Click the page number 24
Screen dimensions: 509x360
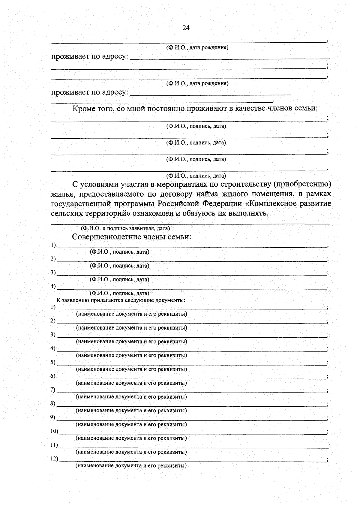[186, 28]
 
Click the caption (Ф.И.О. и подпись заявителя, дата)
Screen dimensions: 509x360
[126, 228]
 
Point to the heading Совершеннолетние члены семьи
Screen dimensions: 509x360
[131, 237]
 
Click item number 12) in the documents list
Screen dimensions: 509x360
[54, 459]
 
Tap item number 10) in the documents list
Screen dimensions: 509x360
[54, 431]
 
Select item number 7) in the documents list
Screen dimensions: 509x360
[53, 390]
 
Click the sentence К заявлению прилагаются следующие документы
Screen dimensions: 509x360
[121, 300]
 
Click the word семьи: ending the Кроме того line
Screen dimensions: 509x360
[307, 108]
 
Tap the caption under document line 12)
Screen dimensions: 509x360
[131, 466]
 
